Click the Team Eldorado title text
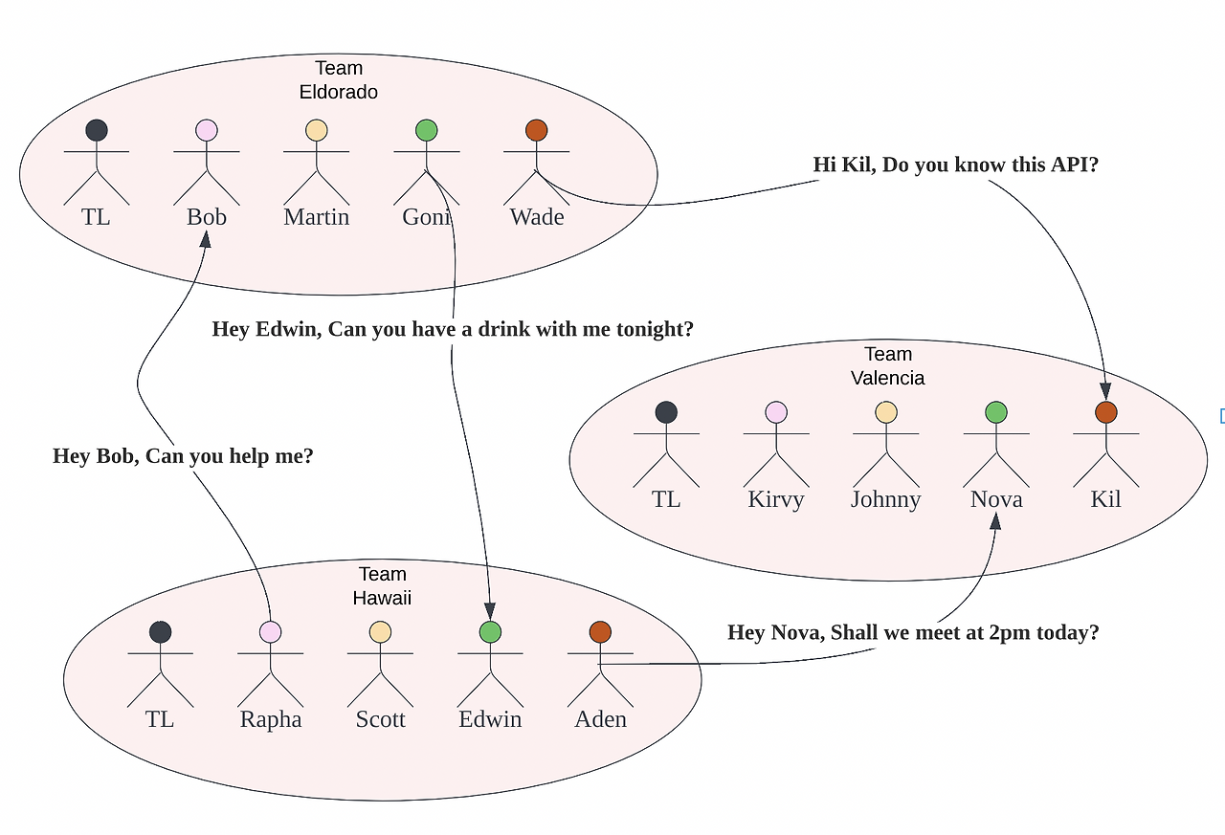click(x=339, y=80)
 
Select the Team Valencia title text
click(x=888, y=366)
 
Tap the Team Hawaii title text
click(x=382, y=585)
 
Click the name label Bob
click(x=207, y=217)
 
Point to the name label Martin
click(x=317, y=217)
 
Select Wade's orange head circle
click(x=537, y=130)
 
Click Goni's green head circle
click(x=427, y=130)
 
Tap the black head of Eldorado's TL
click(x=97, y=130)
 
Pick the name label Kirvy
click(x=776, y=499)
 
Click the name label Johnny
click(x=886, y=499)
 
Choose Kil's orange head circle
click(x=1106, y=412)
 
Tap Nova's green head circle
click(x=996, y=412)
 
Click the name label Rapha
click(x=271, y=719)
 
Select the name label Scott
click(x=381, y=719)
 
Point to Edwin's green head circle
click(x=491, y=631)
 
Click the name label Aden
click(x=601, y=719)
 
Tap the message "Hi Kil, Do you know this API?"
click(x=955, y=165)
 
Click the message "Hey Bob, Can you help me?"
click(x=183, y=456)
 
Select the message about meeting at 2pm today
click(x=913, y=632)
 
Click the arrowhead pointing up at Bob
click(x=205, y=238)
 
